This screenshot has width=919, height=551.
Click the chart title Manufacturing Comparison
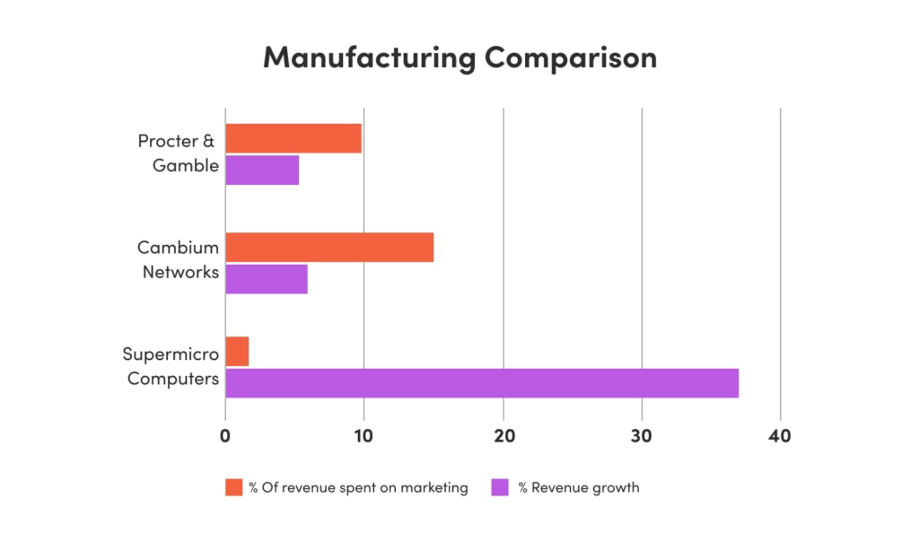(459, 57)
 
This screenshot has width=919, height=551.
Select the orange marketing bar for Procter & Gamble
(293, 139)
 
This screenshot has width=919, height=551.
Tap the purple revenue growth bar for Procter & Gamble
(262, 170)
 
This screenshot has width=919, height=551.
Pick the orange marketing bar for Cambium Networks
(329, 248)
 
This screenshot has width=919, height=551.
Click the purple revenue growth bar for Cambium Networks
(267, 278)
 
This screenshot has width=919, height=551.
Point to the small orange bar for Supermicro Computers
(237, 352)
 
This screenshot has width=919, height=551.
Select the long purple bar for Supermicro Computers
(482, 382)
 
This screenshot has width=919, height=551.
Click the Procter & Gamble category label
(178, 153)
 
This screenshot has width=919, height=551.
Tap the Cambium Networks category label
(178, 258)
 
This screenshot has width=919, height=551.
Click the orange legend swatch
(233, 487)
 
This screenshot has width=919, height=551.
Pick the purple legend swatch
(500, 487)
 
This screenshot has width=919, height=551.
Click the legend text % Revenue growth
(578, 487)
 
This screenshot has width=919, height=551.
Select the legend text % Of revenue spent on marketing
(358, 487)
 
